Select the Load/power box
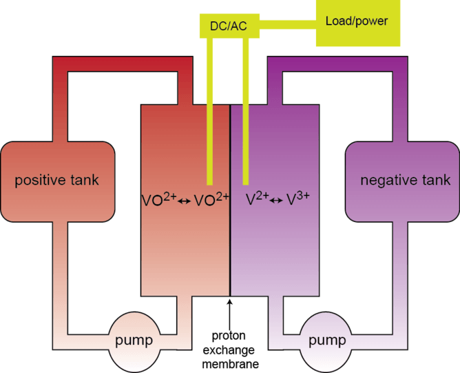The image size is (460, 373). point(357,21)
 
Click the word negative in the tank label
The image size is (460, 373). point(386,181)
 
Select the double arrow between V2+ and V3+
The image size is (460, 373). point(277,201)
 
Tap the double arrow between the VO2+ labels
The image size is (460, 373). point(183,201)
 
